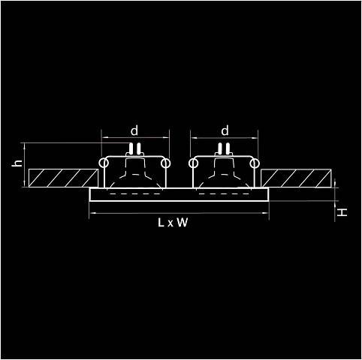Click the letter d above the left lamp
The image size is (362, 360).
(134, 130)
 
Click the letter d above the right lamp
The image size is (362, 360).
(225, 130)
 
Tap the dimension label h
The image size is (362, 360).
(18, 163)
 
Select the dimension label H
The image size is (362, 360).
(342, 213)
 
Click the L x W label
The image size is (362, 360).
(173, 223)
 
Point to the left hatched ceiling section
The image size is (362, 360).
(63, 178)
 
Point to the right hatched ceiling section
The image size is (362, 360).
(296, 178)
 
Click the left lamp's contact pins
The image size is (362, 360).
(134, 148)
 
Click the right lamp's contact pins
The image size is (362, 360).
(224, 148)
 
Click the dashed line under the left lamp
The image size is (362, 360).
(135, 193)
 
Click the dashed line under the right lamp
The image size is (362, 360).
(225, 193)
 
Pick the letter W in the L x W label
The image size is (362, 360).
(183, 223)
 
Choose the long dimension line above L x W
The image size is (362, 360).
(179, 213)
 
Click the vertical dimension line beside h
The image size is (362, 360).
(25, 165)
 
